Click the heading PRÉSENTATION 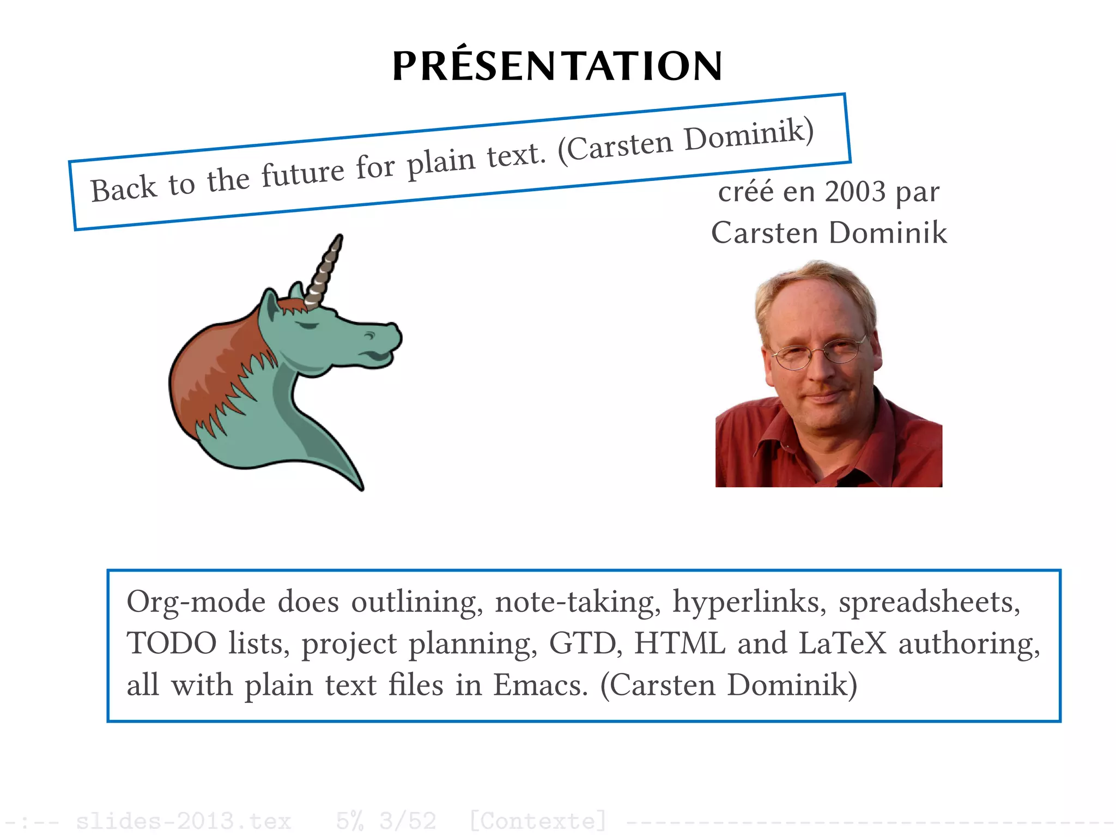[x=557, y=66]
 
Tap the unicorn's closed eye [x=307, y=325]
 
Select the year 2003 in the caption [x=855, y=192]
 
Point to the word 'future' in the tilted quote [x=303, y=173]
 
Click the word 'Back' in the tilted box [x=124, y=189]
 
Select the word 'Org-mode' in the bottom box [x=196, y=603]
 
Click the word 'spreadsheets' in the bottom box [x=929, y=603]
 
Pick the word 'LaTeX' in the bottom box [x=842, y=644]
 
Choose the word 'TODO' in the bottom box [x=172, y=644]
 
